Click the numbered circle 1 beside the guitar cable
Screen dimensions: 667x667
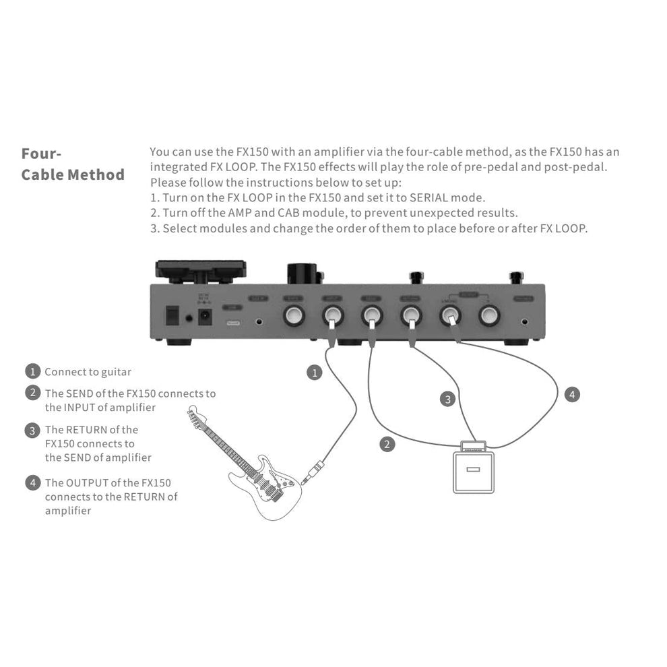click(314, 372)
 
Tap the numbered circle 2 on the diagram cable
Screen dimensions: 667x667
click(387, 444)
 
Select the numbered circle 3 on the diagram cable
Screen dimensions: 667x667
click(448, 400)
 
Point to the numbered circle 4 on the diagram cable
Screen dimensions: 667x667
click(572, 394)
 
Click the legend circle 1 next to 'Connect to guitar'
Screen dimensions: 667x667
click(32, 371)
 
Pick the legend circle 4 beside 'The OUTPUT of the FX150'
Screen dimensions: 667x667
click(32, 482)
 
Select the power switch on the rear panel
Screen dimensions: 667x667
click(173, 315)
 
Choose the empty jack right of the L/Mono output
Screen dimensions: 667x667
click(488, 315)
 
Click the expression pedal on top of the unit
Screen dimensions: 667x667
click(200, 270)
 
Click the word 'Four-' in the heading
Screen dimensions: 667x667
click(42, 153)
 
